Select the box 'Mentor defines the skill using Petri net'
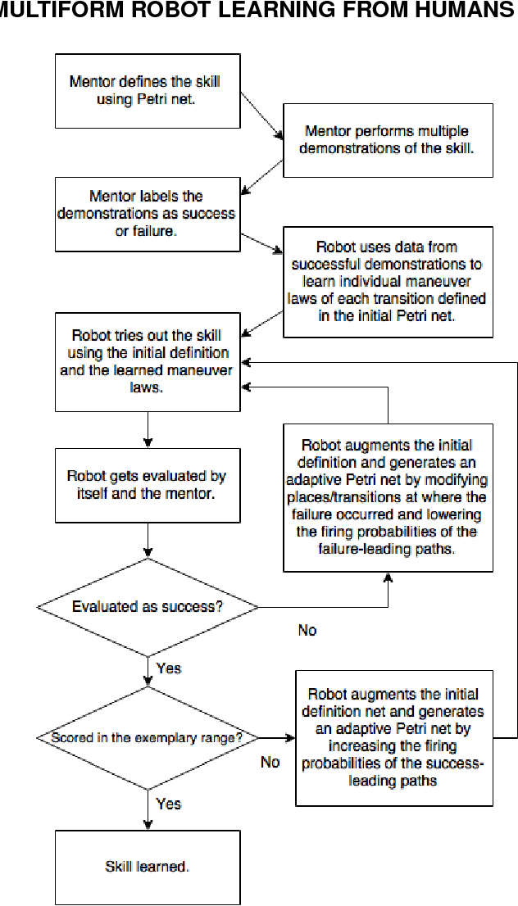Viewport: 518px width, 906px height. tap(148, 91)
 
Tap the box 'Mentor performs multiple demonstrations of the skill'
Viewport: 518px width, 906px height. tap(388, 140)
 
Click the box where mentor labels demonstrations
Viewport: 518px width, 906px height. tap(148, 215)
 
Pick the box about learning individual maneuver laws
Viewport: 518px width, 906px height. tap(388, 282)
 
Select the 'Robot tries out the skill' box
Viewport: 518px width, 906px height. tap(148, 361)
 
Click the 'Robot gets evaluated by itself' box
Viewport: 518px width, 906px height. tap(148, 485)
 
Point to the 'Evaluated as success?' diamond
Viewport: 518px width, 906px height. tap(148, 607)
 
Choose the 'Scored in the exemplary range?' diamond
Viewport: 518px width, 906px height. tap(148, 737)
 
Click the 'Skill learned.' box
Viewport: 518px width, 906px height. tap(148, 867)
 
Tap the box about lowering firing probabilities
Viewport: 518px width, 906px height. tap(388, 497)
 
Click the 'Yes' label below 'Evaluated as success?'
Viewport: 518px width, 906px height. tap(168, 668)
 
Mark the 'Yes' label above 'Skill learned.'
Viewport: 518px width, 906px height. tap(168, 804)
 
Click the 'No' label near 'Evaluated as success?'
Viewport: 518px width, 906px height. tap(307, 631)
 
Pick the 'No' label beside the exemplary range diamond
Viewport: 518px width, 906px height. tap(270, 762)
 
